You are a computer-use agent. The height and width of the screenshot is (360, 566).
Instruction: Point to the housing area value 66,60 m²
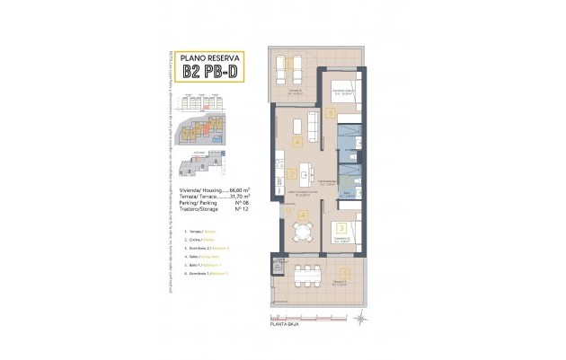pos(237,190)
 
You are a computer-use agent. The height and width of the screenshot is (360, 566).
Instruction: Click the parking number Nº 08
pos(240,204)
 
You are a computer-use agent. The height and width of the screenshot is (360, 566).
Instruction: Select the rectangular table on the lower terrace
pos(306,269)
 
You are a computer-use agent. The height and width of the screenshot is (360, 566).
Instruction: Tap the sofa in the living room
pos(314,127)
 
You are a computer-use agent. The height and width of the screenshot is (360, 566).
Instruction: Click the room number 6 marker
pos(331,113)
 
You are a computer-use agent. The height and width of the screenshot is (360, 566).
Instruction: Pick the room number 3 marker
pos(341,229)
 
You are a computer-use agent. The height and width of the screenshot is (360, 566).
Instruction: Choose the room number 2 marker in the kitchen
pos(292,174)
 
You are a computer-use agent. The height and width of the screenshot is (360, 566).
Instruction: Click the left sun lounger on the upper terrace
pos(281,67)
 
